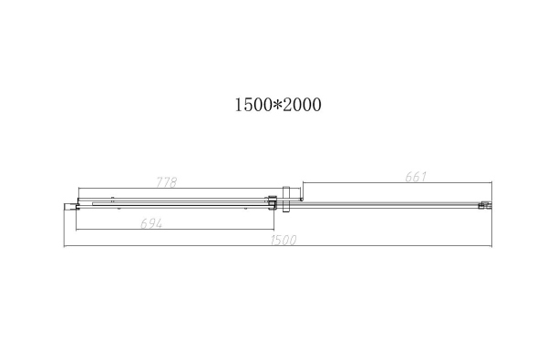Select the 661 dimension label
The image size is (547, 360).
[415, 176]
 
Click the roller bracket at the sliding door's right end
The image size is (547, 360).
[271, 201]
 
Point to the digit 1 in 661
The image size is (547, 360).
[424, 176]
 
